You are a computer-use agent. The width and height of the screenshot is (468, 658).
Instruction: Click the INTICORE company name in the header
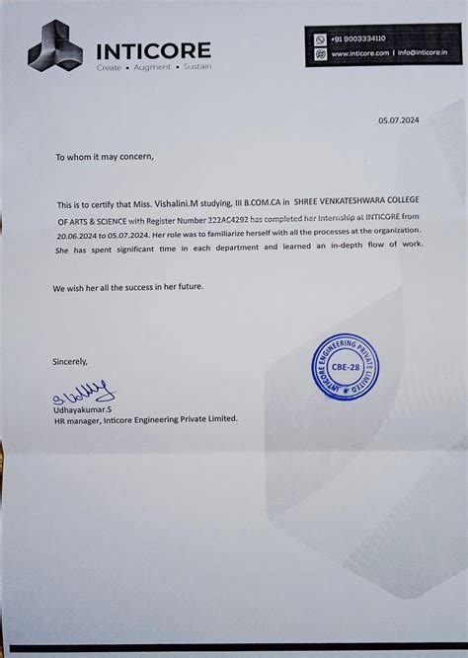point(153,50)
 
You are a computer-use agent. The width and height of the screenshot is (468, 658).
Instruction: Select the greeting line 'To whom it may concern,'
point(105,157)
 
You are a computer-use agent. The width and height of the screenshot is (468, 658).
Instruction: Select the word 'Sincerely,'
point(70,361)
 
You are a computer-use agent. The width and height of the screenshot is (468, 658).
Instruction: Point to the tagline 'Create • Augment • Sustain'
point(153,67)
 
